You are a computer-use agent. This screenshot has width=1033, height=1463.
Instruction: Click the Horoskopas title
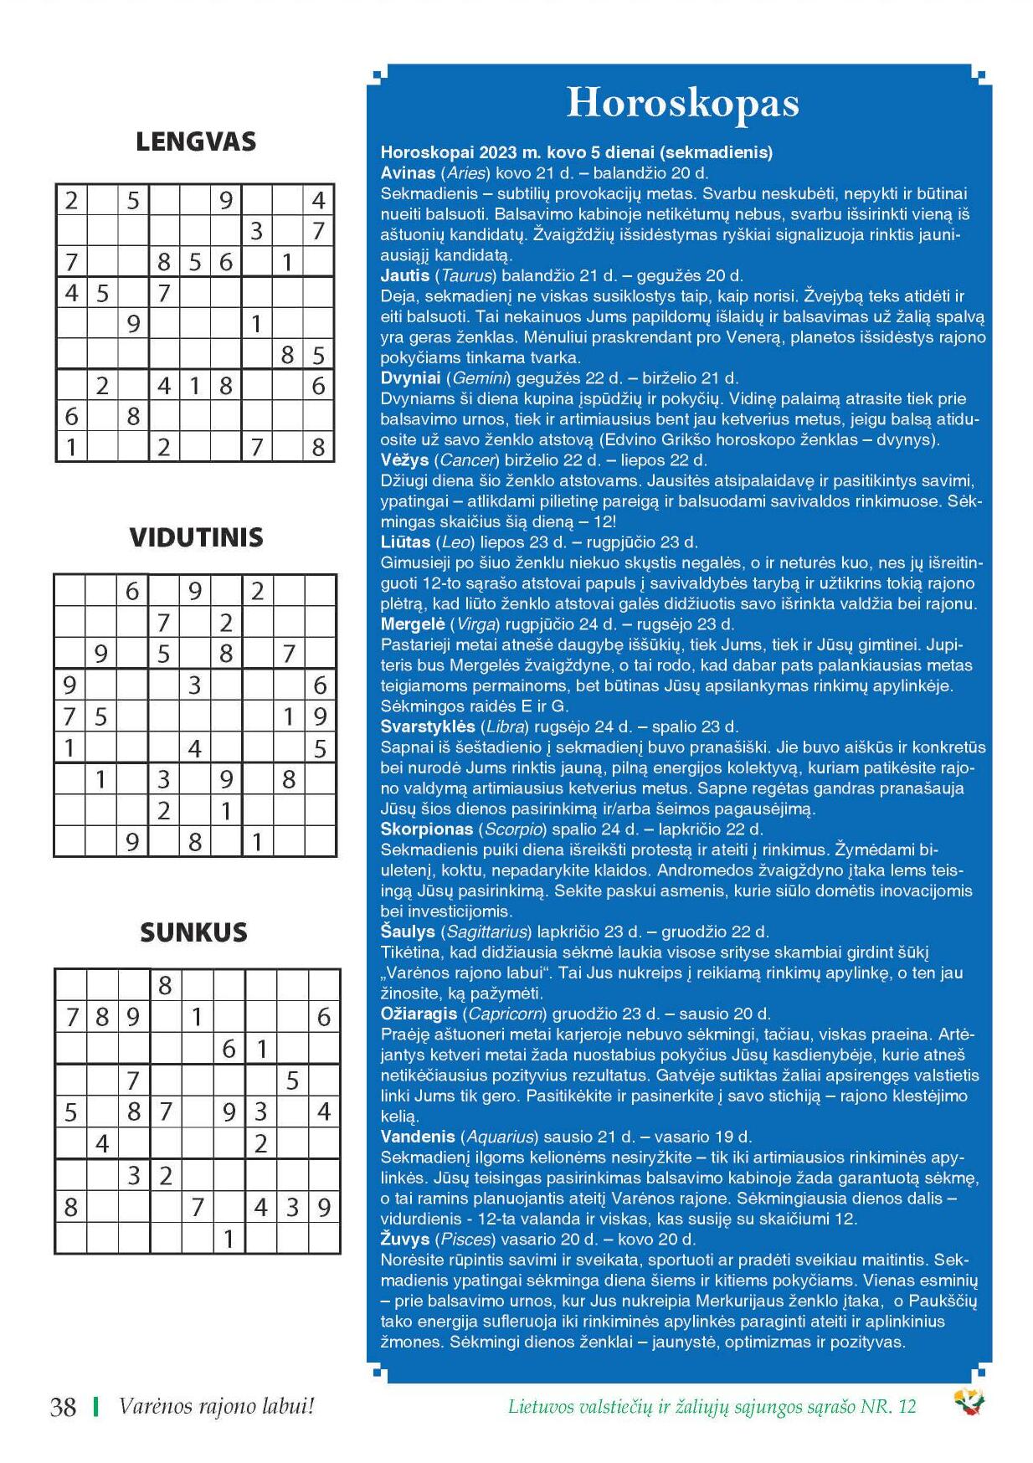pyautogui.click(x=682, y=104)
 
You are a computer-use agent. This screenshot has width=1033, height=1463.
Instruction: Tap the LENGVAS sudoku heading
pyautogui.click(x=196, y=141)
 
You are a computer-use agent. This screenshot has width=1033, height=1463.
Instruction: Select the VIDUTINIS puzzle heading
pyautogui.click(x=196, y=537)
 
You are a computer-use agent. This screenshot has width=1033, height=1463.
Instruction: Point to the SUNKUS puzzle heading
pyautogui.click(x=194, y=932)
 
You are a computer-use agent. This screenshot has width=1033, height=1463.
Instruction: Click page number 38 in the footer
pyautogui.click(x=64, y=1407)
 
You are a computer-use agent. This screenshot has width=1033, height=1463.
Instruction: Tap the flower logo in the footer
pyautogui.click(x=969, y=1403)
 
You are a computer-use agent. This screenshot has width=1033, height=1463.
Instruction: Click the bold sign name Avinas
pyautogui.click(x=408, y=173)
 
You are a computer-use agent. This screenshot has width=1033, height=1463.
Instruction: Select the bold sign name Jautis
pyautogui.click(x=405, y=275)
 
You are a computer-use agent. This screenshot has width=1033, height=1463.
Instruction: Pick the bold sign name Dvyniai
pyautogui.click(x=410, y=378)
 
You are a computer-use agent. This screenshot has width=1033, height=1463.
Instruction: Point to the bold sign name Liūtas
pyautogui.click(x=405, y=542)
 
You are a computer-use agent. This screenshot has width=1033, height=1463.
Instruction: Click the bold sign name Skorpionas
pyautogui.click(x=426, y=829)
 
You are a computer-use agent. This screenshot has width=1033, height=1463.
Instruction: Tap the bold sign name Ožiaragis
pyautogui.click(x=419, y=1014)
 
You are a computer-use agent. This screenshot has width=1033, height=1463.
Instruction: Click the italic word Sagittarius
pyautogui.click(x=488, y=932)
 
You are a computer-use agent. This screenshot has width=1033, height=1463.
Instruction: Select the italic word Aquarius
pyautogui.click(x=499, y=1137)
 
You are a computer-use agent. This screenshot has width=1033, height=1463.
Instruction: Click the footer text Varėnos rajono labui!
pyautogui.click(x=216, y=1407)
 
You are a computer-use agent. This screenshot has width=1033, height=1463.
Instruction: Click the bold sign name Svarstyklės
pyautogui.click(x=426, y=726)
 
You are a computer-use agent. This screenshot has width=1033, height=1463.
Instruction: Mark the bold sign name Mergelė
pyautogui.click(x=412, y=624)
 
